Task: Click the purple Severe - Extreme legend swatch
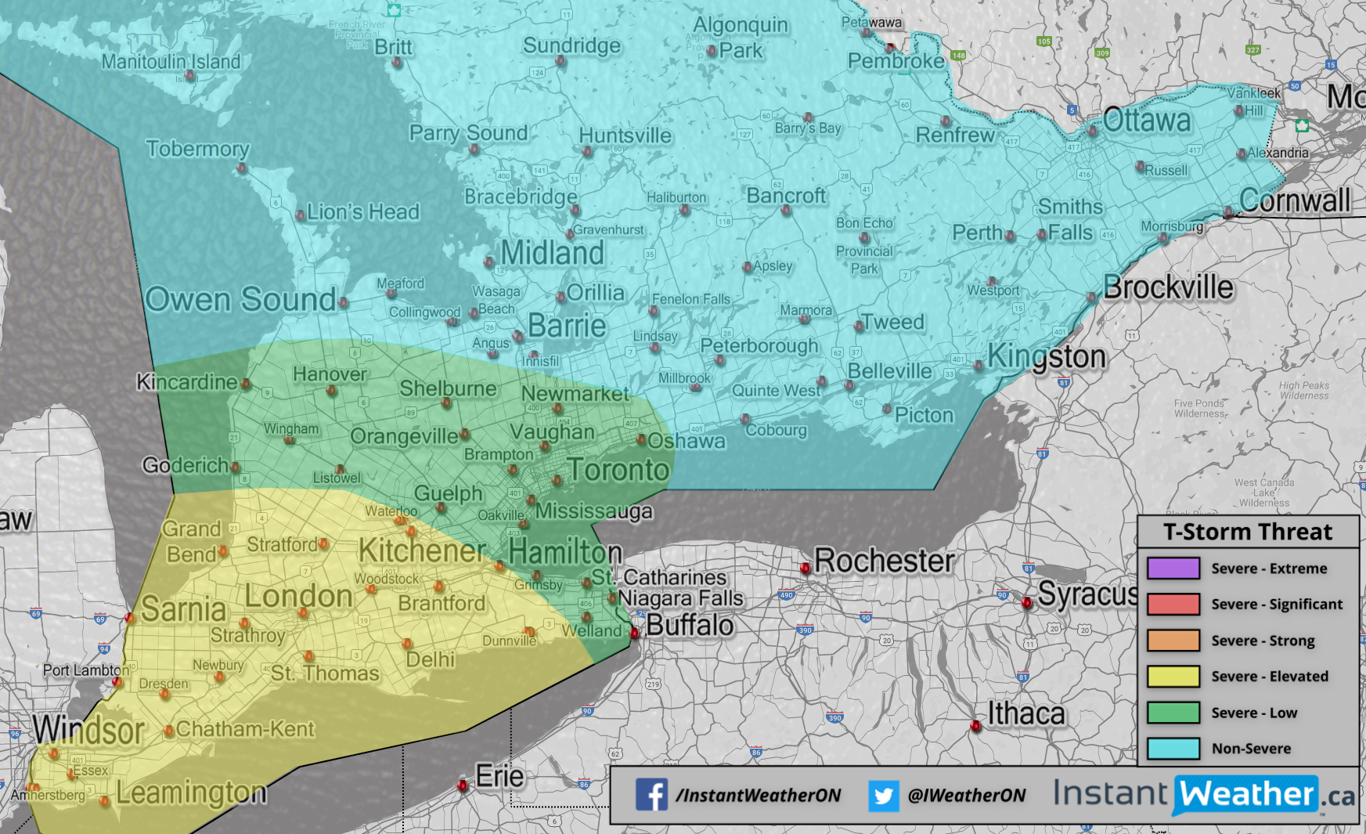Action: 1173,568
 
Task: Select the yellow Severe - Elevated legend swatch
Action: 1173,676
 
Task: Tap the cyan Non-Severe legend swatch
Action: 1173,748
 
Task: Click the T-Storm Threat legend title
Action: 1247,532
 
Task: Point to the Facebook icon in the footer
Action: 651,795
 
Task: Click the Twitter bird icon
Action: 883,796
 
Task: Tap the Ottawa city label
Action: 1146,121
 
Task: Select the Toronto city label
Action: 618,470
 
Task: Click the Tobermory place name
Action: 197,149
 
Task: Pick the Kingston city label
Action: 1047,357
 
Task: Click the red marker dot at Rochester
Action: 805,568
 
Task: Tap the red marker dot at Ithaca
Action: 975,726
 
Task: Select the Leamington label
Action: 191,792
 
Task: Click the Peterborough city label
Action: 759,345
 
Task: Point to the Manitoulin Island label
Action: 171,61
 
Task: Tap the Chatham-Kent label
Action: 244,729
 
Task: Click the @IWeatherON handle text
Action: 966,796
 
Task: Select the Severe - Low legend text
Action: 1254,713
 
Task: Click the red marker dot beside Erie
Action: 463,785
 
